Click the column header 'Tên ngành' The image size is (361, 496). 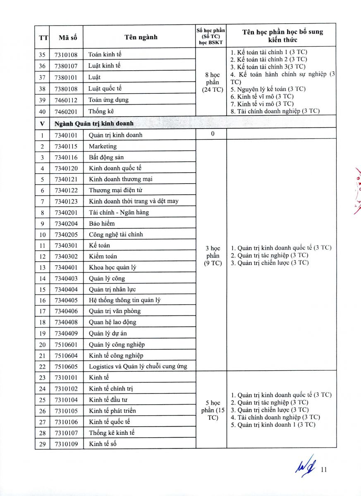(141, 37)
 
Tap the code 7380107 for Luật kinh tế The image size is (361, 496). (66, 66)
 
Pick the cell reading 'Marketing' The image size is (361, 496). (103, 146)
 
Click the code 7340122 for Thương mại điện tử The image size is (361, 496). (66, 191)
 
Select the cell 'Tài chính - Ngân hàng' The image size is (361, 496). (119, 212)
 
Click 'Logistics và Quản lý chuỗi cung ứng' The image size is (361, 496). (138, 366)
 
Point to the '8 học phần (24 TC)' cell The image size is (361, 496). (212, 82)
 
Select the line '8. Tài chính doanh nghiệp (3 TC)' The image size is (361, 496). (275, 111)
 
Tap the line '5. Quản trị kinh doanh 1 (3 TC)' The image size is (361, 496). (273, 424)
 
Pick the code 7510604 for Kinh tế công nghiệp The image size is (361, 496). (66, 355)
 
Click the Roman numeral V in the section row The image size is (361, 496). (42, 124)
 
